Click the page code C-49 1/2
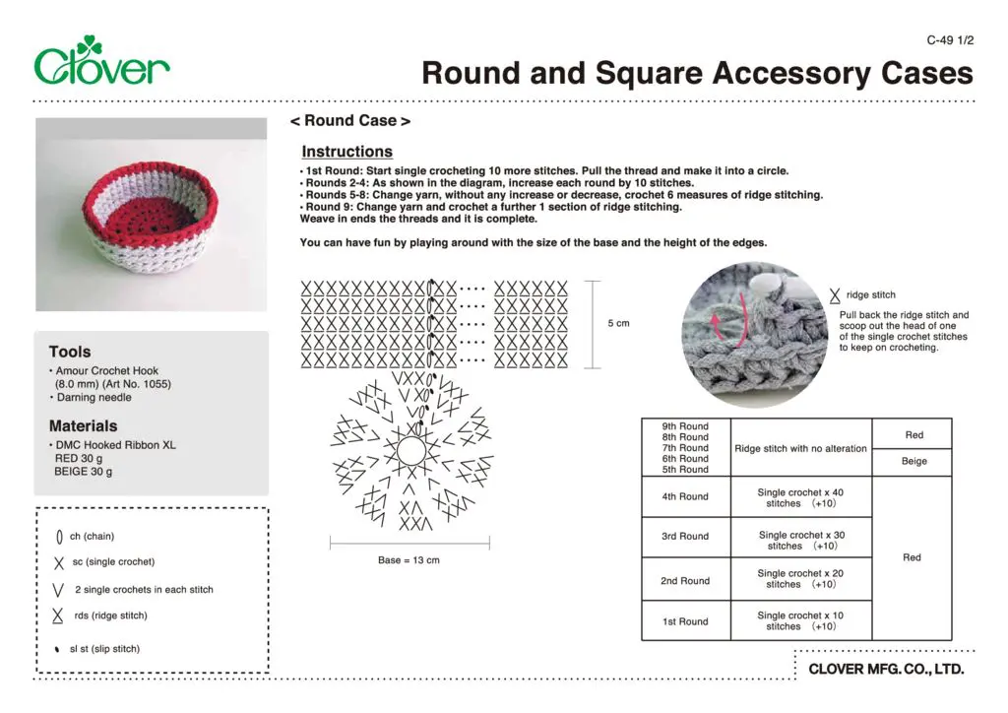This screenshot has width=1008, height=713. [950, 40]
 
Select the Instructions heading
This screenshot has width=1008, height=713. [346, 152]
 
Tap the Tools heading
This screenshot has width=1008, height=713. [70, 352]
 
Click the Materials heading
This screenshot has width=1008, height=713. [83, 426]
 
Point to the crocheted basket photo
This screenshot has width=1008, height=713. [151, 214]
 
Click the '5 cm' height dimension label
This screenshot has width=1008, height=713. [617, 324]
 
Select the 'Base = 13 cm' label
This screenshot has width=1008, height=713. [409, 560]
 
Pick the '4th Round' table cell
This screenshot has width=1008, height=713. [685, 496]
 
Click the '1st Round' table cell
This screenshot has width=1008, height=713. [685, 621]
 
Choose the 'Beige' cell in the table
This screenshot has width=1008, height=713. [913, 461]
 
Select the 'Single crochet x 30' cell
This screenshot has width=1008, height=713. [800, 541]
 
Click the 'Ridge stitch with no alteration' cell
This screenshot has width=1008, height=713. [800, 448]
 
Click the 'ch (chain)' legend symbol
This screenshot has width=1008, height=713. [60, 537]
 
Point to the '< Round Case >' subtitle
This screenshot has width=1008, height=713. [349, 121]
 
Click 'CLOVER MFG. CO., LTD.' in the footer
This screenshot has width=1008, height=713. [886, 670]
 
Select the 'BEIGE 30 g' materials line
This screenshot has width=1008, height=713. [83, 472]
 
